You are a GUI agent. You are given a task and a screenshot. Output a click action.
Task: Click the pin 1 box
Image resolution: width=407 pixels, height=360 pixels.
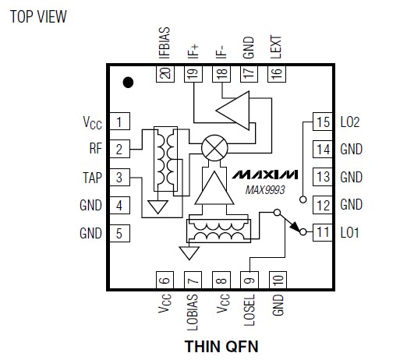119,121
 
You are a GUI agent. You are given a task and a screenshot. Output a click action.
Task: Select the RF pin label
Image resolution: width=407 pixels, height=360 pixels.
96,149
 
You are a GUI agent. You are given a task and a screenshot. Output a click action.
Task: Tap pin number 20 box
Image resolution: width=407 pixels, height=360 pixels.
165,74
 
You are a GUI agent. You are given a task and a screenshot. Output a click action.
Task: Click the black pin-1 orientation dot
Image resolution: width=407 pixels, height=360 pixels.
128,83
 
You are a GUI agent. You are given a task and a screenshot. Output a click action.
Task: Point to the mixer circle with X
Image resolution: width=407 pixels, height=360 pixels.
214,148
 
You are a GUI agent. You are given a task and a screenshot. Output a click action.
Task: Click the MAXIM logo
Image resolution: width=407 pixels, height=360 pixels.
265,175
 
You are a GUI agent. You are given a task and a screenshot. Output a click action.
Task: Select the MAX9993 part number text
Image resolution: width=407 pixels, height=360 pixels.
265,190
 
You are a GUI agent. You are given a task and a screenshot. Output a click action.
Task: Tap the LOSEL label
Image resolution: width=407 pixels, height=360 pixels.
250,310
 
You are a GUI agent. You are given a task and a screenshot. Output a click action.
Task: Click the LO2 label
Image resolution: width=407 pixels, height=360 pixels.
350,122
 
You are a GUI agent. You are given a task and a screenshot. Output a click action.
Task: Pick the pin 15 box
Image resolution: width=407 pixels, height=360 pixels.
323,122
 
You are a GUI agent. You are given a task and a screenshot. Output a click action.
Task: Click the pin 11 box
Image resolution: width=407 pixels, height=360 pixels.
323,232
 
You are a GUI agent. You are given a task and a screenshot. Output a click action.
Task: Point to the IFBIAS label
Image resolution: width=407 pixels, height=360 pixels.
165,43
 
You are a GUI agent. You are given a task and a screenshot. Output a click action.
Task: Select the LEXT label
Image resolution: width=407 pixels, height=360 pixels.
276,48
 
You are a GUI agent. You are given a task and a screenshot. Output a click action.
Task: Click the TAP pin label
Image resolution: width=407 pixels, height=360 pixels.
92,178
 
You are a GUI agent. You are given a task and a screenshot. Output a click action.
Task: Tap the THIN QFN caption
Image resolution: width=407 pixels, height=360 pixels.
221,346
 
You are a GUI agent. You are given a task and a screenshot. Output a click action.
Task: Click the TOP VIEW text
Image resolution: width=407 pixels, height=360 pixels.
38,16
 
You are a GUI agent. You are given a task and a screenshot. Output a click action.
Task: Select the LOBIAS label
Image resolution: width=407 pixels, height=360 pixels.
193,312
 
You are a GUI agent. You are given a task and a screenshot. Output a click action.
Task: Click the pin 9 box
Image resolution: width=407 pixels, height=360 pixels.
250,280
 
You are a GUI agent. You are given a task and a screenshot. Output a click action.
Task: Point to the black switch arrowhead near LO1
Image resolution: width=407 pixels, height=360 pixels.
295,227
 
